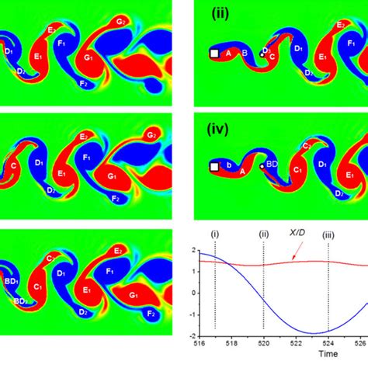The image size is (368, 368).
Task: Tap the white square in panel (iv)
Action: (214, 167)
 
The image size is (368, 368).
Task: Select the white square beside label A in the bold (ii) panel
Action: (214, 53)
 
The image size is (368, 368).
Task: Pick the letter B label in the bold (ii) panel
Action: (245, 53)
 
